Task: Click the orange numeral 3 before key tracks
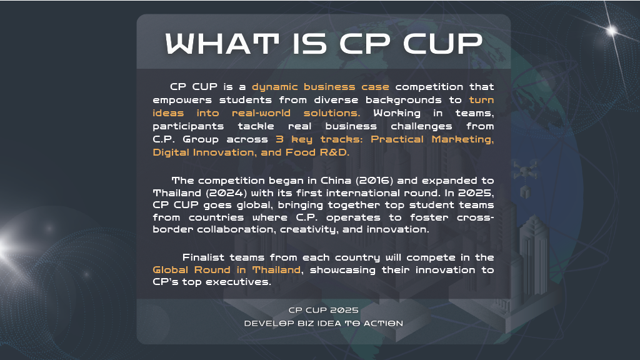click(x=279, y=139)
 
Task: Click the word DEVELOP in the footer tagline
click(x=264, y=323)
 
